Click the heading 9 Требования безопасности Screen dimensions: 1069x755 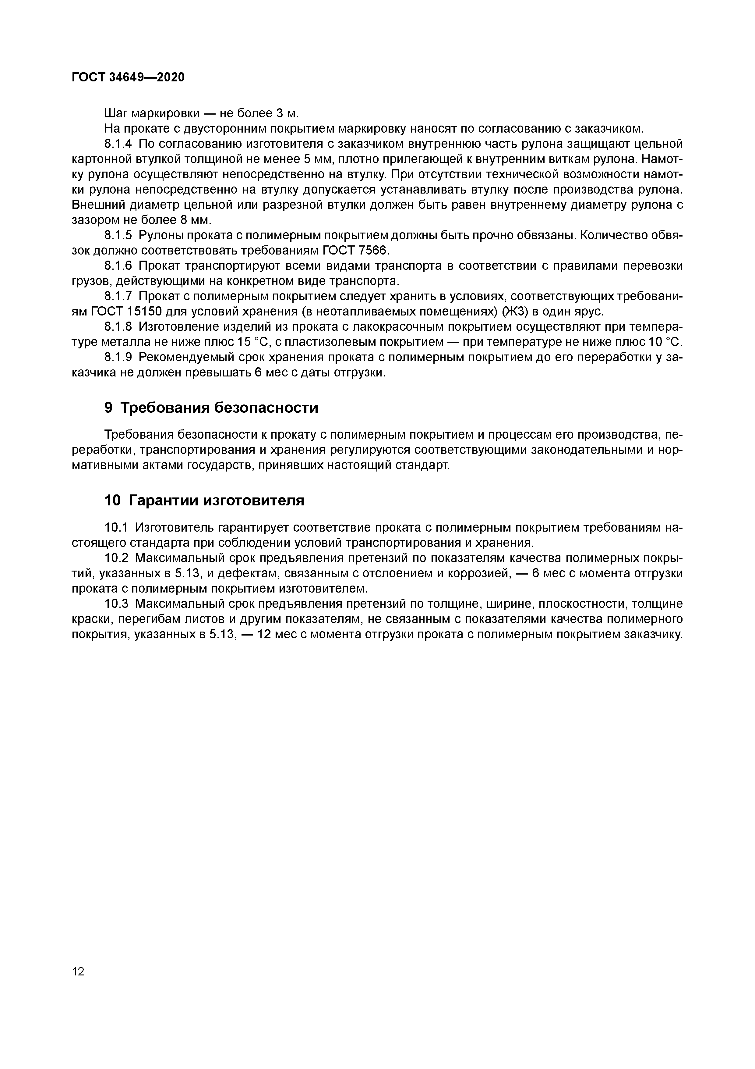[x=211, y=408]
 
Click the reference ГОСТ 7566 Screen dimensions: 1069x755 [x=355, y=251]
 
